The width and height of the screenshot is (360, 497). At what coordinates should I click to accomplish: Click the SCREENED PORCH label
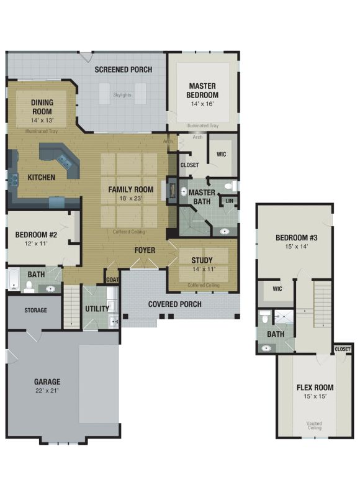coord(123,70)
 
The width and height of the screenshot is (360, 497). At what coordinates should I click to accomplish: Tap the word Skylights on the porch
coord(122,95)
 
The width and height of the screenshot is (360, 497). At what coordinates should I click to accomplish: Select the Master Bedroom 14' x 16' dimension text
coord(202,104)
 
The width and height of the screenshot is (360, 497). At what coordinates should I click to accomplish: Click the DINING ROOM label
coord(42,107)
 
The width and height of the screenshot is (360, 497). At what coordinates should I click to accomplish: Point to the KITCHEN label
coord(41,177)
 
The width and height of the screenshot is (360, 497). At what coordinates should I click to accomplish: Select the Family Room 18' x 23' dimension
coord(131,198)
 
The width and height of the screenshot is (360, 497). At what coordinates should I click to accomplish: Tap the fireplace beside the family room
coord(171,190)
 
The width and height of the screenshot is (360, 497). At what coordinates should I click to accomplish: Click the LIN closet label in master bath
coord(229,201)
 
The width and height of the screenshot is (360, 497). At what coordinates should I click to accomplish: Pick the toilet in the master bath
coord(230,185)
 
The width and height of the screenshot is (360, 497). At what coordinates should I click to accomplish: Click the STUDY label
coord(202,260)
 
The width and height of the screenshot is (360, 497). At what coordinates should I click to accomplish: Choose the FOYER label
coord(145,250)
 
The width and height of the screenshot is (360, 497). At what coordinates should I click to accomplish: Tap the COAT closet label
coord(112,280)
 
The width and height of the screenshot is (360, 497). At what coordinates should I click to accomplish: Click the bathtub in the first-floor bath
coord(13,279)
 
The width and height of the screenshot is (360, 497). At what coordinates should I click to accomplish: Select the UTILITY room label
coord(97,308)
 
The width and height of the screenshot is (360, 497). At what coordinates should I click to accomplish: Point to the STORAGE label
coord(35,310)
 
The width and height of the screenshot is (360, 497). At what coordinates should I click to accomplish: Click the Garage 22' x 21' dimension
coord(47,391)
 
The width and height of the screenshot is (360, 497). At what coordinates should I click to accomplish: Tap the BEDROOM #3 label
coord(296,237)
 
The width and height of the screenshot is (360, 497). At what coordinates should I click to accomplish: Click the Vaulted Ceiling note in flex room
coord(314,426)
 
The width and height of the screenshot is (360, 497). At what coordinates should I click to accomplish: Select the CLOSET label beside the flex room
coord(343,349)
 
